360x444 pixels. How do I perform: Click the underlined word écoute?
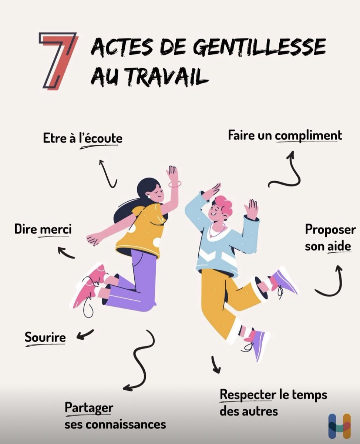tap(101, 138)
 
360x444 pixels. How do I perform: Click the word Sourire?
tap(45, 337)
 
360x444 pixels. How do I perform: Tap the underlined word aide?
tap(339, 246)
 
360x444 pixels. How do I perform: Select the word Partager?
tap(89, 408)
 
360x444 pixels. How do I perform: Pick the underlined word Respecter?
tap(248, 395)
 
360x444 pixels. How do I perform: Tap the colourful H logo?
tap(339, 425)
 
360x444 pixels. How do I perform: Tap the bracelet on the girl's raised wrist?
tap(175, 184)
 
